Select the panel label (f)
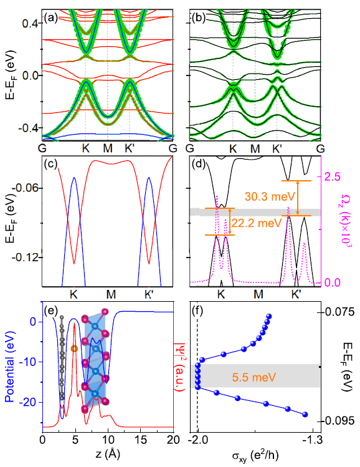pyautogui.click(x=200, y=312)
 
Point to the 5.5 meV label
pyautogui.click(x=258, y=378)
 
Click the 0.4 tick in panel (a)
pyautogui.click(x=30, y=23)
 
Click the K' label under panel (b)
pyautogui.click(x=278, y=150)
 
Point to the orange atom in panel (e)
pyautogui.click(x=75, y=349)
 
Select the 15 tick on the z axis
pyautogui.click(x=140, y=439)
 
